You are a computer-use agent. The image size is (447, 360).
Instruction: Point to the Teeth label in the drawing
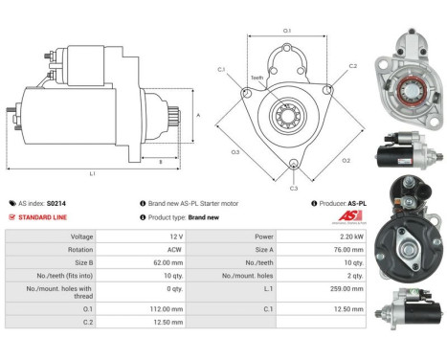[x=257, y=78]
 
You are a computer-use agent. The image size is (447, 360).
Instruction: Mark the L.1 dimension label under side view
[x=93, y=172]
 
